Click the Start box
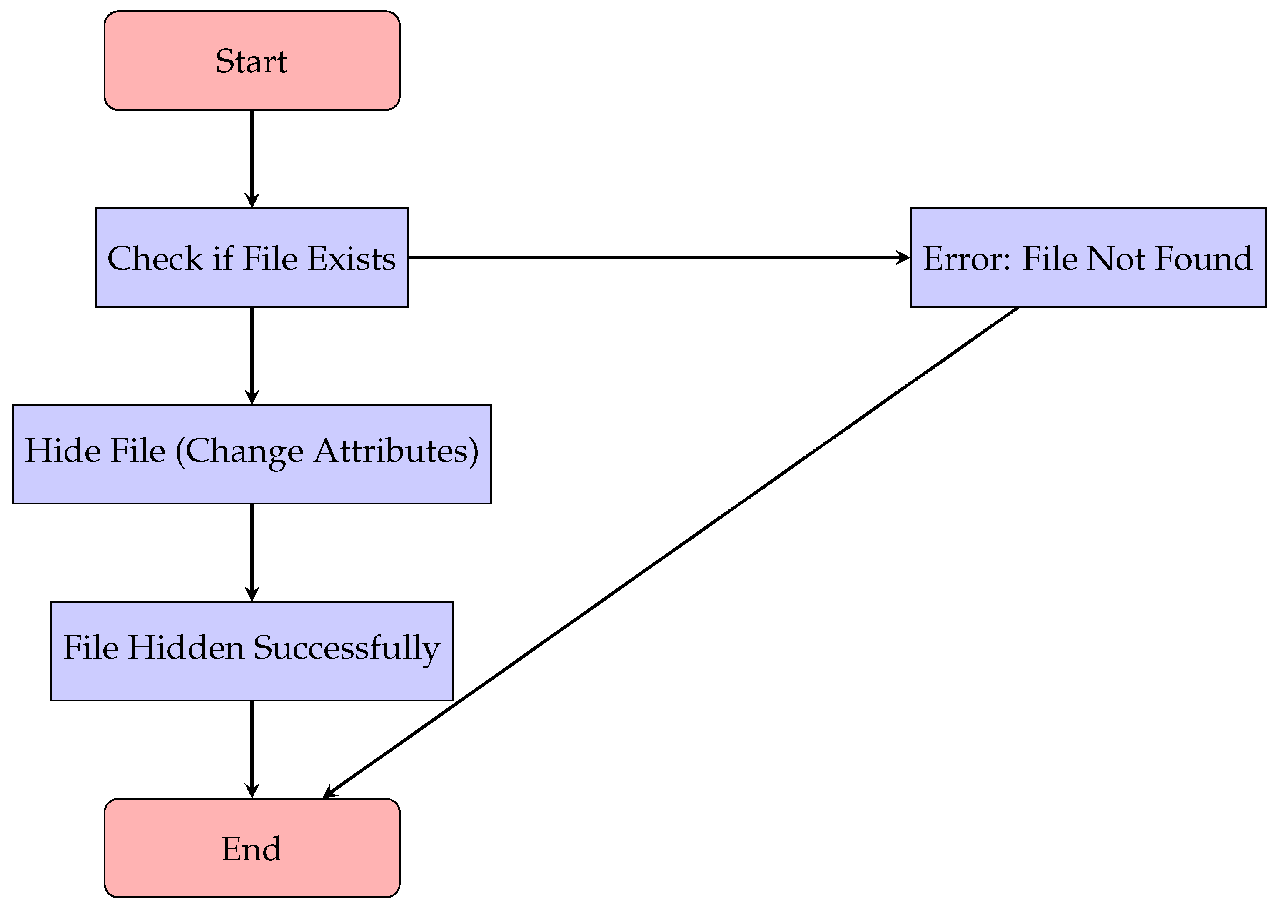tap(252, 61)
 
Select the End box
tap(252, 848)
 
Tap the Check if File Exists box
tap(252, 257)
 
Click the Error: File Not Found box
tap(1087, 257)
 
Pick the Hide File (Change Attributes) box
tap(252, 454)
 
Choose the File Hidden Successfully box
tap(252, 651)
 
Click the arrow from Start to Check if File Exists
tap(252, 159)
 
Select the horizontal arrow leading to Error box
tap(657, 257)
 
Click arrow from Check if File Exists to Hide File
tap(252, 356)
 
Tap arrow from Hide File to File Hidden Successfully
tap(252, 552)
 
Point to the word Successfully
tap(347, 648)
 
